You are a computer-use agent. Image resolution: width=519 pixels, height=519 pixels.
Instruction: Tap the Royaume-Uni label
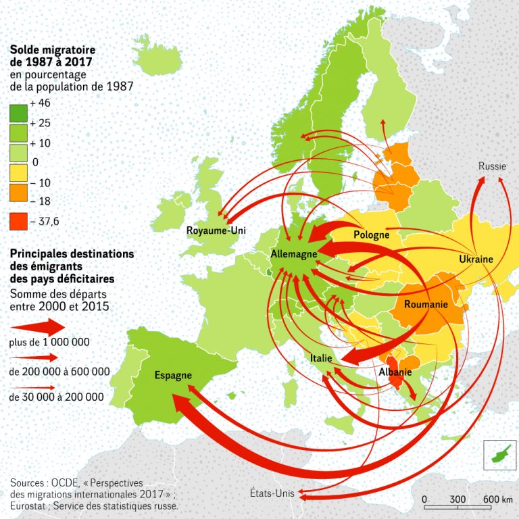[216, 231]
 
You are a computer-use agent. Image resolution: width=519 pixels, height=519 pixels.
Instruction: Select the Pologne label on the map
[371, 235]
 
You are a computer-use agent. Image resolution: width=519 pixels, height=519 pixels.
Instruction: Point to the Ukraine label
[476, 259]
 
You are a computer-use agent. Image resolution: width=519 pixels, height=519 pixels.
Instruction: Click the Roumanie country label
[426, 305]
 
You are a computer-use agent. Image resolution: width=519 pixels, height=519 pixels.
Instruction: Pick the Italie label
[321, 358]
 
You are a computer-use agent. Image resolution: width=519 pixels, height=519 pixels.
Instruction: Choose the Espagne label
[173, 375]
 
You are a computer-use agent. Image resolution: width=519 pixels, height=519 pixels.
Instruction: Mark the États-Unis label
[272, 493]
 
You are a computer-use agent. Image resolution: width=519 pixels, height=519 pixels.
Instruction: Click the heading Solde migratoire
[52, 50]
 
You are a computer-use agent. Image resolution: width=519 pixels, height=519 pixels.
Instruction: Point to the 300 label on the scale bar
[458, 499]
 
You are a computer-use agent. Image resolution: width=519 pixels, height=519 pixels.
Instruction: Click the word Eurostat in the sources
[30, 505]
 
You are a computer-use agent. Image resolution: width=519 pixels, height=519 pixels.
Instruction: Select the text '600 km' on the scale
[498, 499]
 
